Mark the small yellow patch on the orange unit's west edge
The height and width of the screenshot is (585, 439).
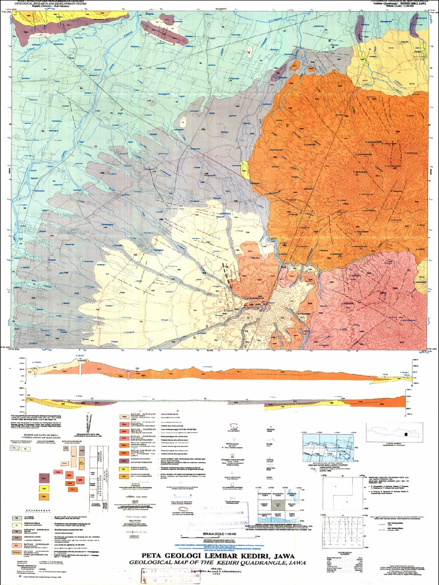click(x=245, y=169)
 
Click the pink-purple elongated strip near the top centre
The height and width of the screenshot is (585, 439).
click(x=162, y=31)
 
